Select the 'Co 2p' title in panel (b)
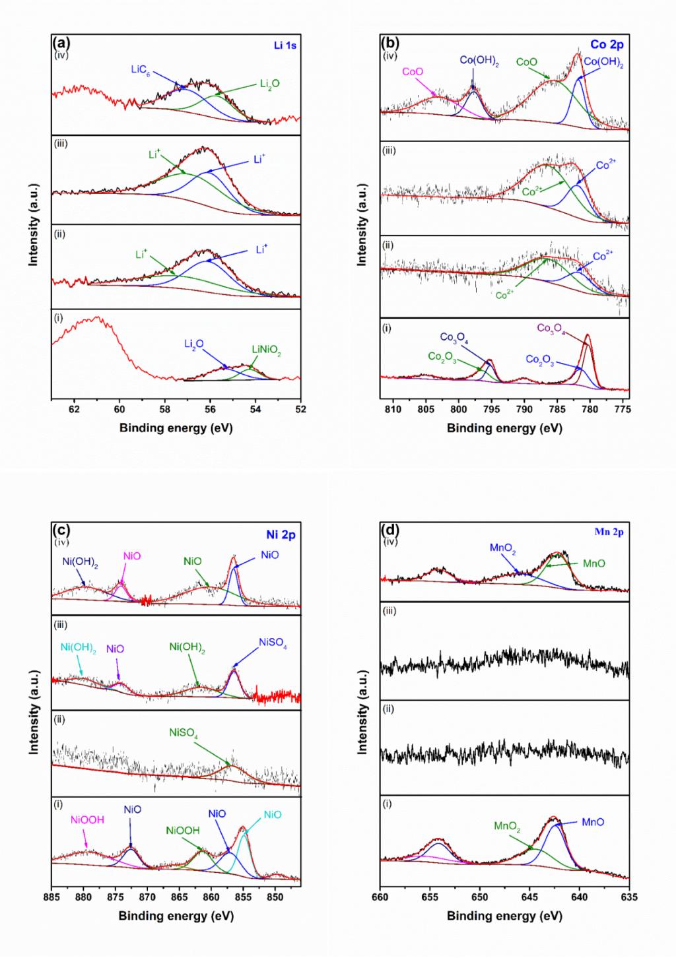(x=607, y=45)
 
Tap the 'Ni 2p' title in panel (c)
(x=281, y=534)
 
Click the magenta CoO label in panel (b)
(x=412, y=72)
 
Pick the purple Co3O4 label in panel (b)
(x=551, y=328)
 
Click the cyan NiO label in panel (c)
(x=273, y=815)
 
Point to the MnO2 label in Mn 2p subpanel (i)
(x=507, y=826)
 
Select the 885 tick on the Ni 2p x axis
(x=51, y=897)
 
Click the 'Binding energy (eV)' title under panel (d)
(x=504, y=916)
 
